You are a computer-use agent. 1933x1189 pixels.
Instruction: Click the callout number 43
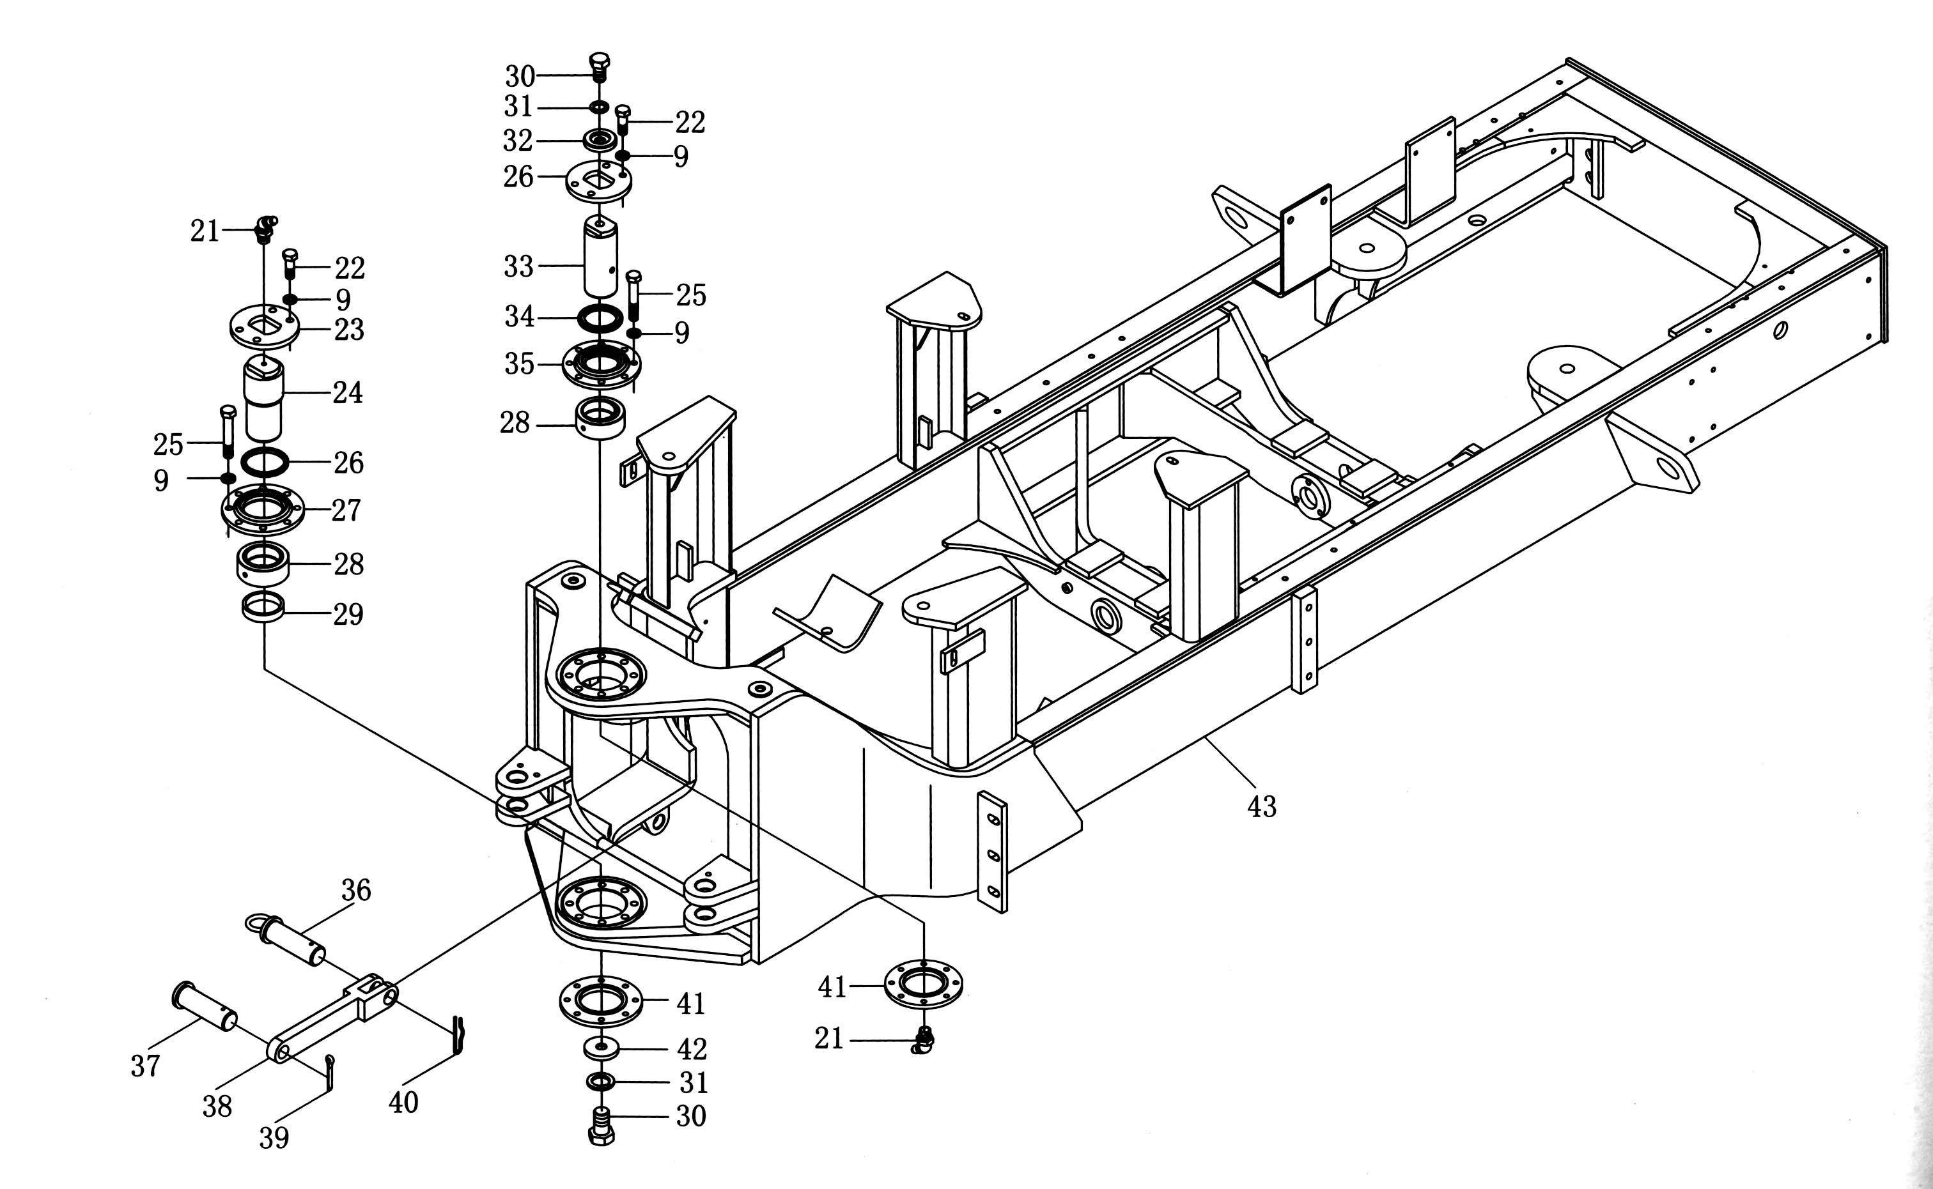point(1262,806)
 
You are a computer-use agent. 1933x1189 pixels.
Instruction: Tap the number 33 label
point(518,266)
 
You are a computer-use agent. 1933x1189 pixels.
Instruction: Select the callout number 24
point(348,392)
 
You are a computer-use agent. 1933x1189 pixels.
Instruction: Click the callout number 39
point(275,1137)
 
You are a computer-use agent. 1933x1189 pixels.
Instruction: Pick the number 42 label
point(692,1049)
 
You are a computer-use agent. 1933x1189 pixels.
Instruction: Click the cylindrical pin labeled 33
point(600,258)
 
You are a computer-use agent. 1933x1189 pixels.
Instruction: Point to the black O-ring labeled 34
point(600,318)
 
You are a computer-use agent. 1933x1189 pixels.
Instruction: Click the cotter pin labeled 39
point(330,1070)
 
